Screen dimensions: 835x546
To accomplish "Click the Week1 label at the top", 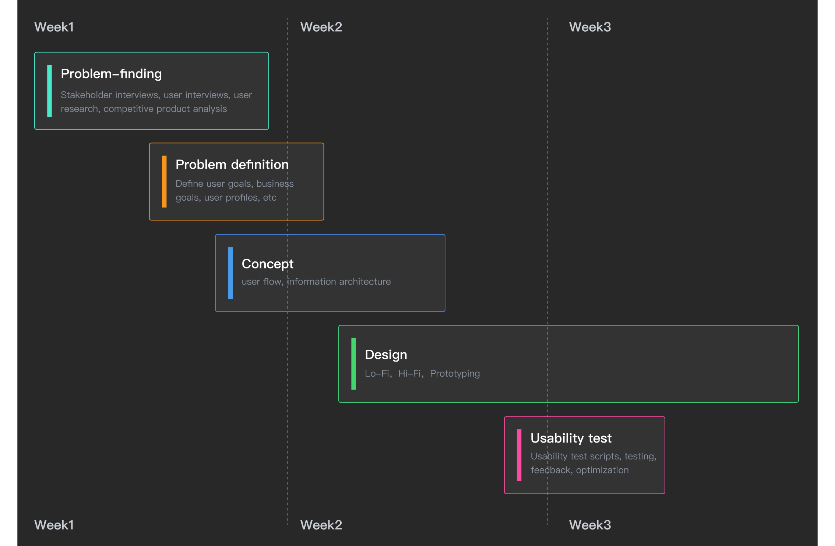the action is (x=54, y=27).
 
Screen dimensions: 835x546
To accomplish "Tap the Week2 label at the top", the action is (x=321, y=27).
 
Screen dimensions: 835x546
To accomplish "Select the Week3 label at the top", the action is (x=590, y=27).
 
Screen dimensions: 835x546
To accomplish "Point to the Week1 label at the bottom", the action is (x=54, y=525).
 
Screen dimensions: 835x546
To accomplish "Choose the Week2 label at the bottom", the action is (x=321, y=525).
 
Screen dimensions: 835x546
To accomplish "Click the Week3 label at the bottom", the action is (x=590, y=525).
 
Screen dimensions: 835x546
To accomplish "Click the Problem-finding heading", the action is (x=111, y=74).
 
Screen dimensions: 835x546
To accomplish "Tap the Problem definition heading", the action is (x=232, y=165).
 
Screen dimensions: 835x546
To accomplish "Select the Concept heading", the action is (x=268, y=264).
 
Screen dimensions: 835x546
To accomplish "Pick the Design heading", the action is (x=386, y=355).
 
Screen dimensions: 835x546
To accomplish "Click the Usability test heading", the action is (x=571, y=438).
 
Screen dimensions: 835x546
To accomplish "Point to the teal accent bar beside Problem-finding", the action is (x=49, y=91).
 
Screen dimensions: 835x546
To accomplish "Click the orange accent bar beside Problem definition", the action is (x=164, y=182).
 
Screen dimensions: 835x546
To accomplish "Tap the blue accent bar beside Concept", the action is (x=230, y=273).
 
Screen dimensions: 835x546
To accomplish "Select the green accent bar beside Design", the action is (x=354, y=364).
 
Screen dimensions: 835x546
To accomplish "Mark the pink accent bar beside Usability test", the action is (x=519, y=455).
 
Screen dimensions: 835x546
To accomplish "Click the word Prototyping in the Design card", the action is (x=455, y=374).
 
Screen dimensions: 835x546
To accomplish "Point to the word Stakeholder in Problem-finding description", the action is (x=86, y=95).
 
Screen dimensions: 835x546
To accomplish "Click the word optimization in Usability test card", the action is (x=602, y=470).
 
